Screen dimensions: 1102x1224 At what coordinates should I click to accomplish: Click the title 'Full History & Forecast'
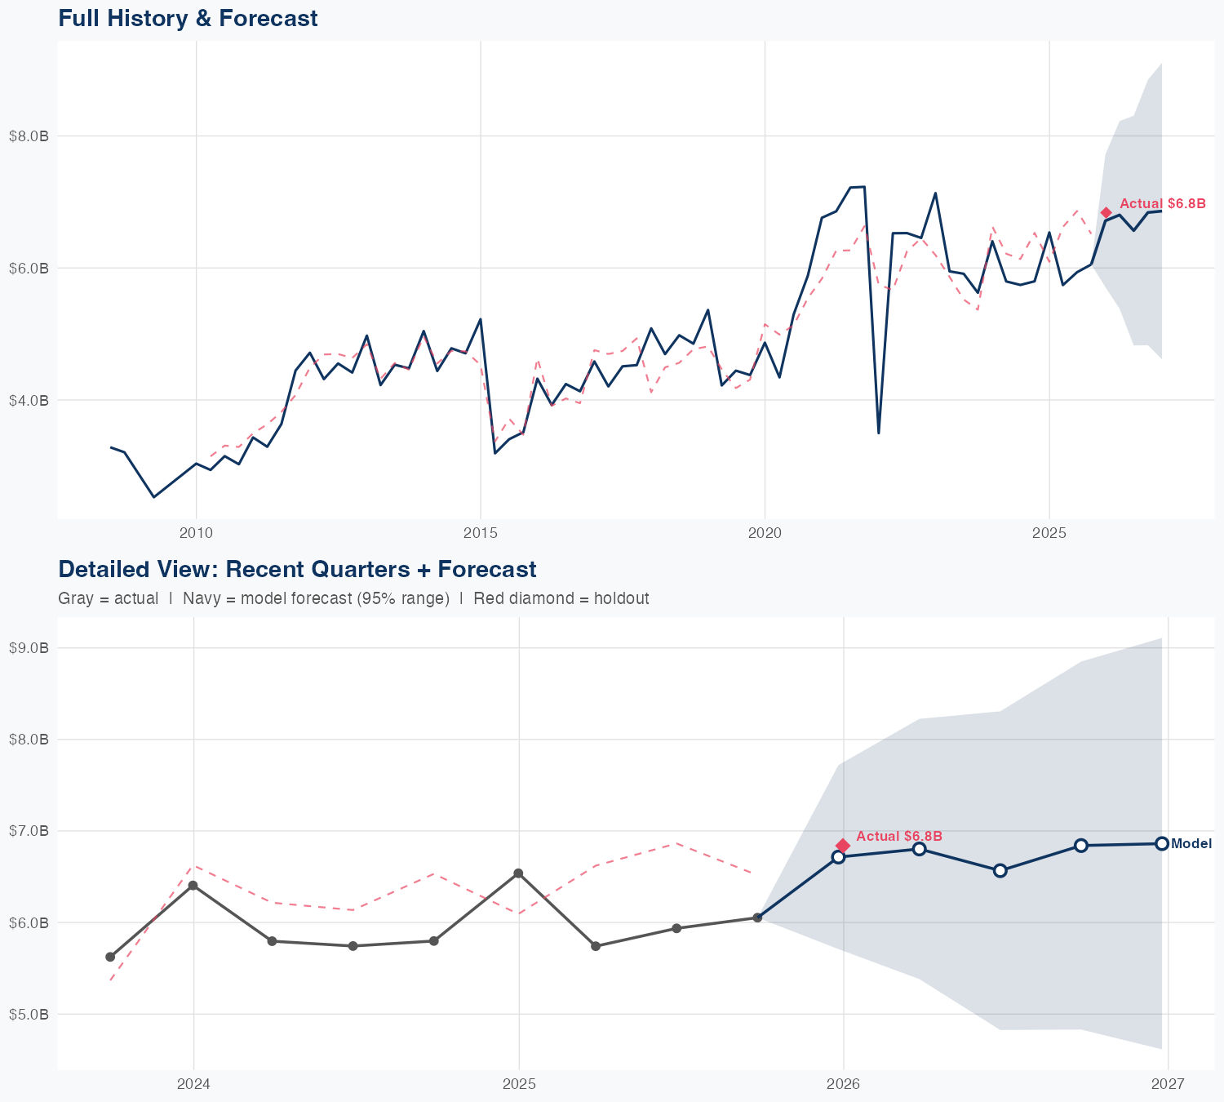(188, 18)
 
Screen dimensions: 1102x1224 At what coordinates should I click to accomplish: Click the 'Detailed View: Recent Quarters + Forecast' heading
(297, 569)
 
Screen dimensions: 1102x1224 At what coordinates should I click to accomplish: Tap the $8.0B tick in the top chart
(29, 136)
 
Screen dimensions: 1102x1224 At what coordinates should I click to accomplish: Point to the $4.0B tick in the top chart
(29, 400)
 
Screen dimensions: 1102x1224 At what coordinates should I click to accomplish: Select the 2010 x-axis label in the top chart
(196, 533)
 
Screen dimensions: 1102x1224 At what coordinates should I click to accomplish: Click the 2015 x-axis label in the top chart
(480, 533)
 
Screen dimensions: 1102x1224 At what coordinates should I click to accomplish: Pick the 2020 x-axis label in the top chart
(765, 533)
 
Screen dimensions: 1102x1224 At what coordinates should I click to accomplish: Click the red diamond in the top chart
(1106, 213)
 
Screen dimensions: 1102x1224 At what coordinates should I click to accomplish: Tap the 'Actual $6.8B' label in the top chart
(1162, 203)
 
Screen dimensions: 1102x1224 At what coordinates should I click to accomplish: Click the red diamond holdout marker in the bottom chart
(843, 845)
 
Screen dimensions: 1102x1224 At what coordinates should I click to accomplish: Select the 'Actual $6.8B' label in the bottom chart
(899, 836)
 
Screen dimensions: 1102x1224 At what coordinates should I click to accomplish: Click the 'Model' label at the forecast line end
(1191, 844)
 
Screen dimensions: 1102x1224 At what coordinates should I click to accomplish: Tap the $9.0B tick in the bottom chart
(29, 648)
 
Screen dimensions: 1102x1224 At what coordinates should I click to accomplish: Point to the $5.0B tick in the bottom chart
(29, 1015)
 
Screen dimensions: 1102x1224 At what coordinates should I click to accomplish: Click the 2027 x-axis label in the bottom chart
(1168, 1084)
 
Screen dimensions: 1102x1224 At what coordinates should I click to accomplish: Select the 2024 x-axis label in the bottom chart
(193, 1084)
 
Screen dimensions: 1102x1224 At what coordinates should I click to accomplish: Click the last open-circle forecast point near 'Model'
(1161, 843)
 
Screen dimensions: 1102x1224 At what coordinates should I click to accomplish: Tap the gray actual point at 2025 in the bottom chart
(518, 873)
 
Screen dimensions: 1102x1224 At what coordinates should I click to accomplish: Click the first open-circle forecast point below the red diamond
(838, 856)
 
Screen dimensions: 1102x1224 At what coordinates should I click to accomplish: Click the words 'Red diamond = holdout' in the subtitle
(561, 598)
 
